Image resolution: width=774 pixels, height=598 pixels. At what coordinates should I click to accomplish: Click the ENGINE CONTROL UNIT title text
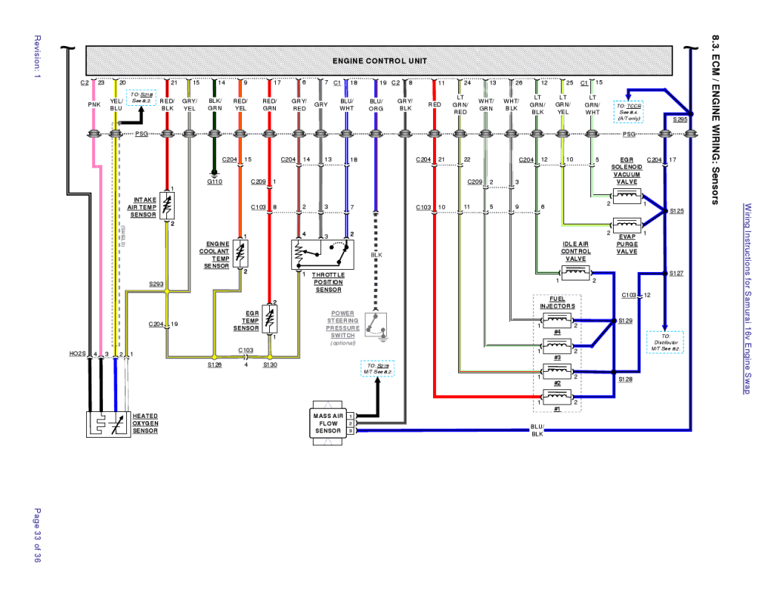click(379, 60)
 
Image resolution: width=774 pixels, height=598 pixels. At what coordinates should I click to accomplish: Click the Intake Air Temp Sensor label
click(142, 207)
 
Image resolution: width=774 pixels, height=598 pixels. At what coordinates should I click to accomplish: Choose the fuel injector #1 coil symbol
click(557, 395)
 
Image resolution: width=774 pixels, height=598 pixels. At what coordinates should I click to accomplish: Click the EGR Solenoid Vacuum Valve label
click(627, 171)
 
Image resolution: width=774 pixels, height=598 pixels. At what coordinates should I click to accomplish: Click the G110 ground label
click(214, 181)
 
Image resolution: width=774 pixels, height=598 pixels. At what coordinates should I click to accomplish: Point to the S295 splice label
click(679, 119)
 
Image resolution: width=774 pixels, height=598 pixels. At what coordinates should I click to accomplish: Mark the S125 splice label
click(676, 211)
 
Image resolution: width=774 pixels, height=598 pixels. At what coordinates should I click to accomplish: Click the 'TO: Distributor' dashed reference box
click(665, 342)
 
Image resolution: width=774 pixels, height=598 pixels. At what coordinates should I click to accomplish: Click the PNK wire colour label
click(94, 105)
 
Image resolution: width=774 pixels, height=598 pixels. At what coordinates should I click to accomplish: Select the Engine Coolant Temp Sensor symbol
click(241, 255)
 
